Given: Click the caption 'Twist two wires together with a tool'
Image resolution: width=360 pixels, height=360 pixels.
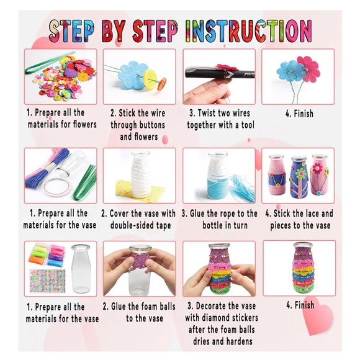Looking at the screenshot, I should [220, 119].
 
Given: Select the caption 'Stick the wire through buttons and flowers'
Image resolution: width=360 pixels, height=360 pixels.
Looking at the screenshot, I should [139, 124].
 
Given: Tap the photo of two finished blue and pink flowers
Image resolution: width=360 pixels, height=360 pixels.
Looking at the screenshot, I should [299, 78].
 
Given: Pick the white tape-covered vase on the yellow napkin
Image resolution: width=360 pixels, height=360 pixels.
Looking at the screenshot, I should [140, 174].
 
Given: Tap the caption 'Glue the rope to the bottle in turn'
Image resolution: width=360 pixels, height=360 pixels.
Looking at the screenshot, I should [220, 218].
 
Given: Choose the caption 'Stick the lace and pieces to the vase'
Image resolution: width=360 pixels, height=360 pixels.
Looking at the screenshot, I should [299, 218].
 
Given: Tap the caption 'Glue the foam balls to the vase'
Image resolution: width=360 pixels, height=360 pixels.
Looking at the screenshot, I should [140, 312].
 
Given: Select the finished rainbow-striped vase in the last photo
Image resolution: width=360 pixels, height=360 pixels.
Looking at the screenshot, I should [299, 268].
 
